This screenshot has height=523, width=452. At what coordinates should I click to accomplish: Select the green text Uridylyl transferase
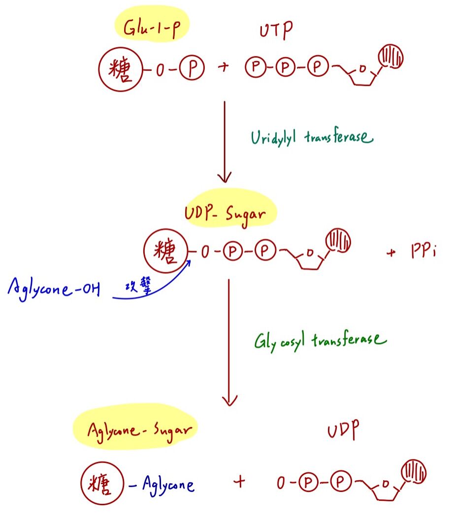pos(311,137)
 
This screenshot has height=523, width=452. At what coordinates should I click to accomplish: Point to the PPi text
pos(422,253)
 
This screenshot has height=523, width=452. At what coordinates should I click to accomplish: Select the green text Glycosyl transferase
pos(321,341)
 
